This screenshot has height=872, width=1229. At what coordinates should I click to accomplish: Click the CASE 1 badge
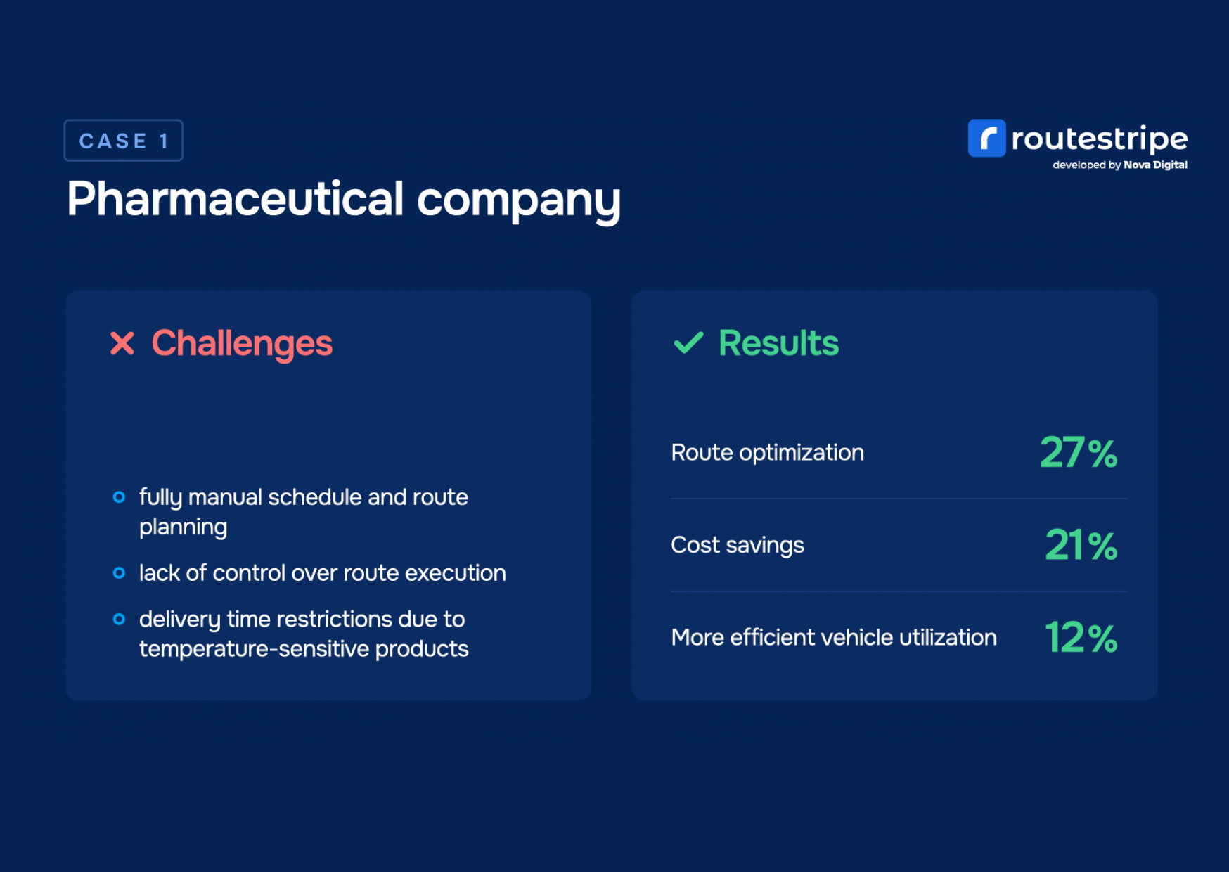pyautogui.click(x=124, y=141)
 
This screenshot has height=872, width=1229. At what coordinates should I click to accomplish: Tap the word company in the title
pyautogui.click(x=519, y=202)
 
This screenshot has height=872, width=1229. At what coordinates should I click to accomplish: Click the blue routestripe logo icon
pyautogui.click(x=986, y=138)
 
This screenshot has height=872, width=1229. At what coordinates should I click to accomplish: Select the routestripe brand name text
pyautogui.click(x=1100, y=139)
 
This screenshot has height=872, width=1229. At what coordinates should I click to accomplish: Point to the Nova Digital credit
pyautogui.click(x=1155, y=165)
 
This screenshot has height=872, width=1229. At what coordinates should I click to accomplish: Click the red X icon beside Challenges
pyautogui.click(x=122, y=343)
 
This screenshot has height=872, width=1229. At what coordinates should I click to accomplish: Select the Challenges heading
pyautogui.click(x=242, y=344)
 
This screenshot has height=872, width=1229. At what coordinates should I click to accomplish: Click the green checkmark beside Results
pyautogui.click(x=688, y=342)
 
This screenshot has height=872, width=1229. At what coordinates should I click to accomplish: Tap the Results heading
pyautogui.click(x=778, y=343)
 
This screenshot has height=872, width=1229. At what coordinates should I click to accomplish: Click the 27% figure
pyautogui.click(x=1079, y=452)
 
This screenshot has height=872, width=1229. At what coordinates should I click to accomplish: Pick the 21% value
pyautogui.click(x=1081, y=545)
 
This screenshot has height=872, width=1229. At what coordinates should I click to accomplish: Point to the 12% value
pyautogui.click(x=1081, y=638)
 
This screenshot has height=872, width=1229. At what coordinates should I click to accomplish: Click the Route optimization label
pyautogui.click(x=768, y=453)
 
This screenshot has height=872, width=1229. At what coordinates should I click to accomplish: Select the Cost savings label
pyautogui.click(x=738, y=546)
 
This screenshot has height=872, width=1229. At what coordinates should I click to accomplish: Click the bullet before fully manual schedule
pyautogui.click(x=120, y=497)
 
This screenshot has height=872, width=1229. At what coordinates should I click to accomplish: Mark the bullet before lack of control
pyautogui.click(x=120, y=573)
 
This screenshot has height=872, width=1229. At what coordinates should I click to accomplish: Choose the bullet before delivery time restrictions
pyautogui.click(x=120, y=620)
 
